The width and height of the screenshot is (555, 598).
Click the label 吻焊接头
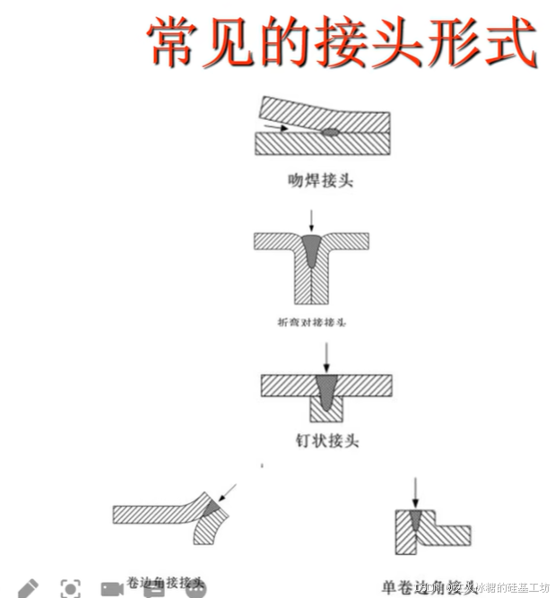point(320,179)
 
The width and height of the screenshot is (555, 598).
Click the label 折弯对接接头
point(312,320)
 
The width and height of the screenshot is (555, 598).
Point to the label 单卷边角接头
point(429,586)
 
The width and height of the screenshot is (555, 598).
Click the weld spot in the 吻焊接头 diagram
point(330,132)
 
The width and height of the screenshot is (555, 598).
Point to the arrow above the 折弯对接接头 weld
point(311,220)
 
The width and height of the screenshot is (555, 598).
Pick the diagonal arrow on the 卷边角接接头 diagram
point(230,491)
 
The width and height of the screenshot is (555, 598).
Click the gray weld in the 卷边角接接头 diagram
point(212,509)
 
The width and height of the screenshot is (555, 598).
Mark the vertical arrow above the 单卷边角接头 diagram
point(415,491)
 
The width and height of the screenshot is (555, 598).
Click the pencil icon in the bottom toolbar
point(28,588)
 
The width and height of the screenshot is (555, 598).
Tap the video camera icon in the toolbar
point(111,589)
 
